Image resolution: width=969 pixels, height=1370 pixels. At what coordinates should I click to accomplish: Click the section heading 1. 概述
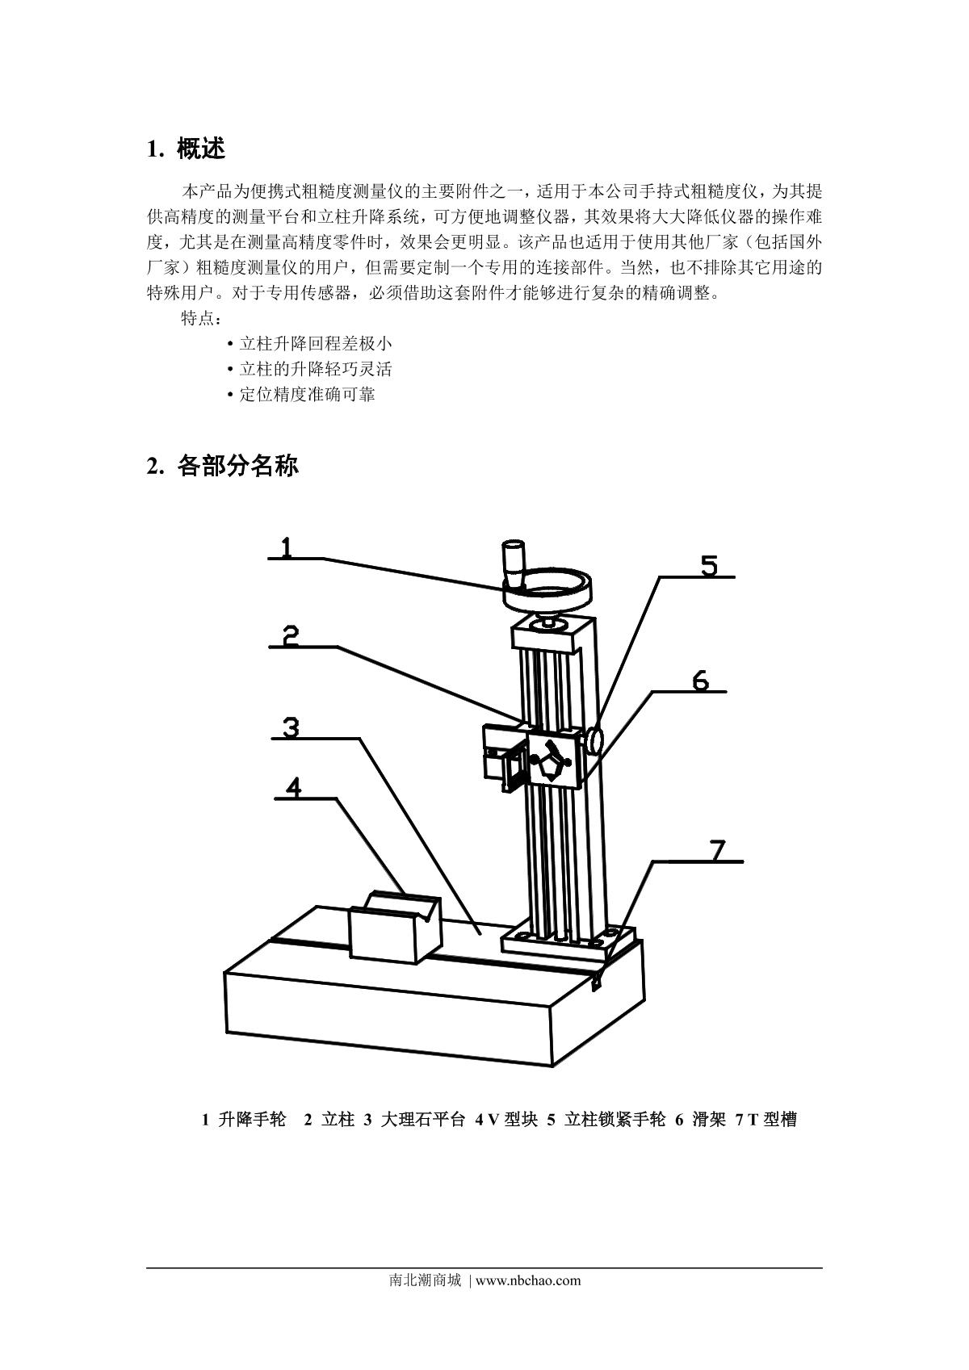point(186,149)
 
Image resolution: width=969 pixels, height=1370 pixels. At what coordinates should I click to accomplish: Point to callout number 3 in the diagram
point(292,727)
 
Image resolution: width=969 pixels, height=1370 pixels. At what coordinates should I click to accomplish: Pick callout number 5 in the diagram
point(709,566)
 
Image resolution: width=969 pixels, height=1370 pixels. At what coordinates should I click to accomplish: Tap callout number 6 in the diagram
point(700,680)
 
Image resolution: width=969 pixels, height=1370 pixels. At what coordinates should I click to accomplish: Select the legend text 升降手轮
point(252,1120)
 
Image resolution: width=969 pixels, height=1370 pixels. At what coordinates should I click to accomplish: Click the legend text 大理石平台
point(422,1120)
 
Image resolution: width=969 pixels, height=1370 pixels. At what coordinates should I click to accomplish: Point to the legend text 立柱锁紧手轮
point(615,1120)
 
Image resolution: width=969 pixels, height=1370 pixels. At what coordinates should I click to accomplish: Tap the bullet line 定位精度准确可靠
point(307,395)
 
